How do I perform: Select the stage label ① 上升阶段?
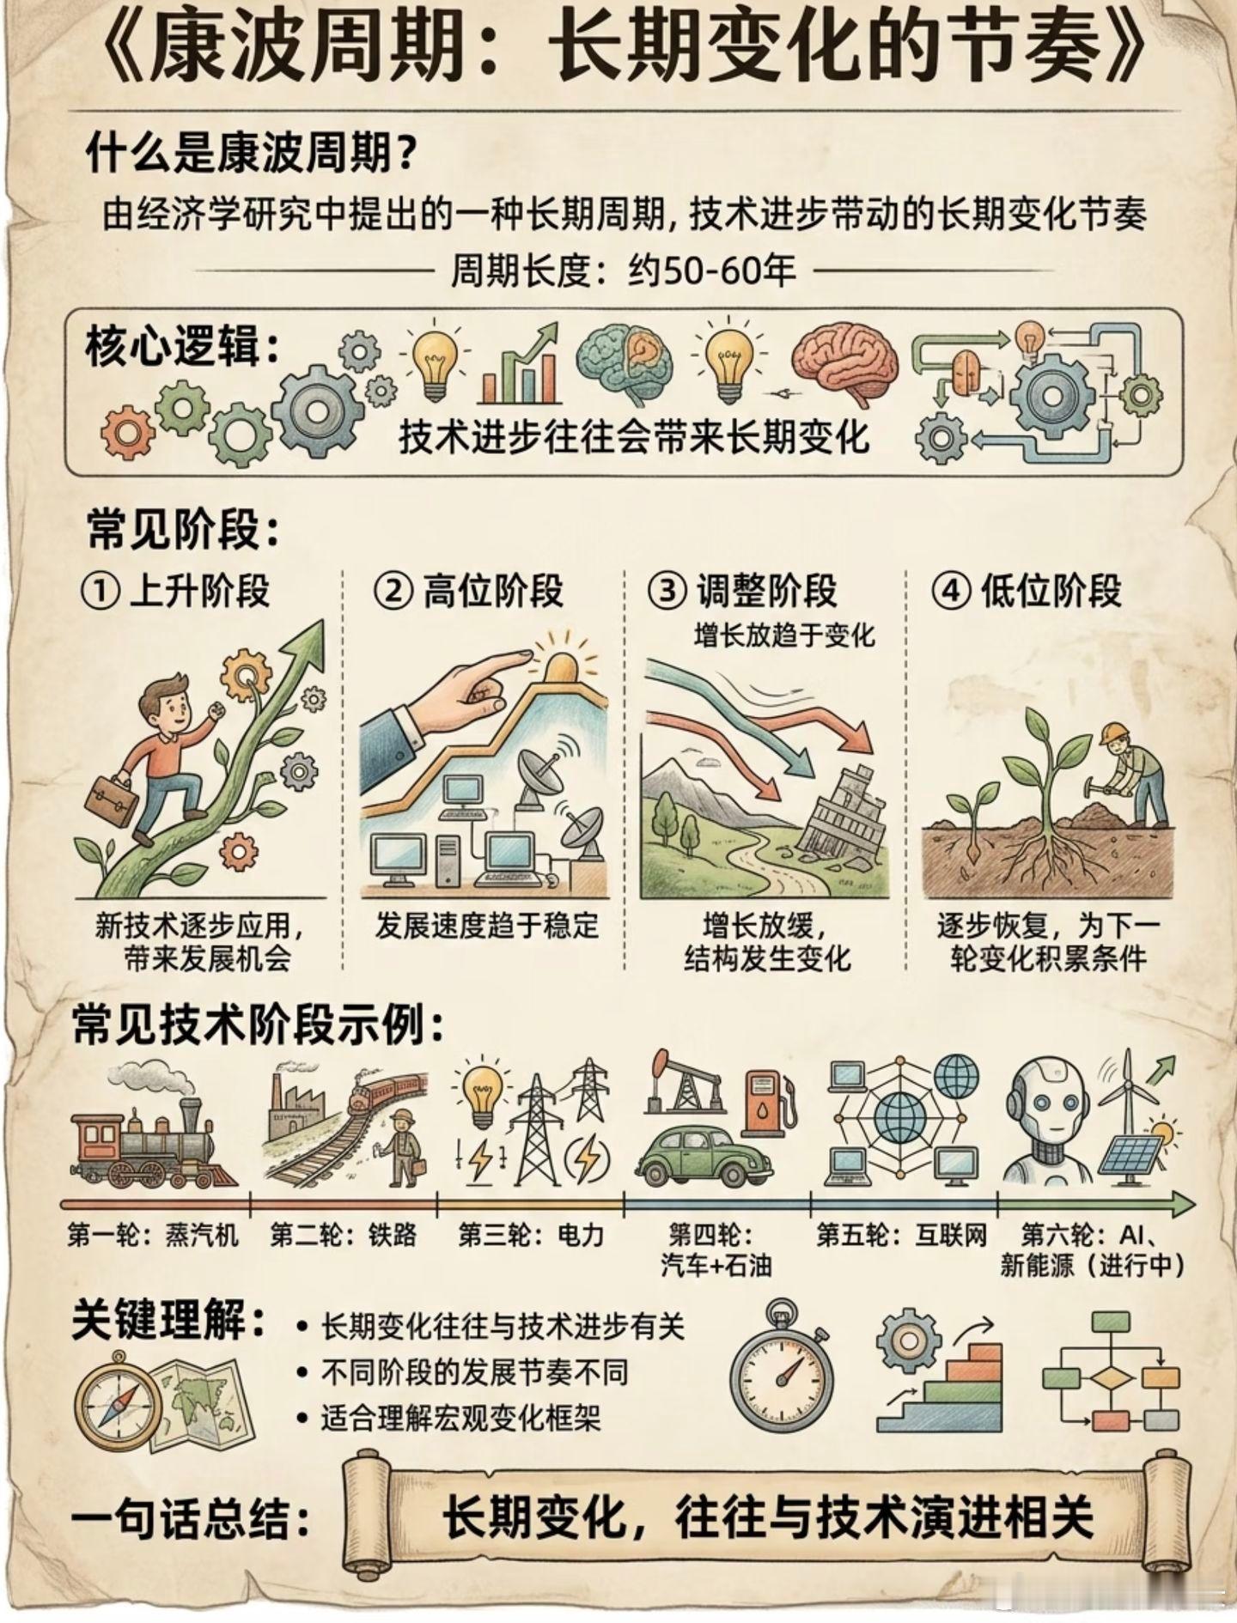(x=175, y=592)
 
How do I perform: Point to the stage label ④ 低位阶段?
(x=1027, y=592)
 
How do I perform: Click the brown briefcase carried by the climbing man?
(x=111, y=797)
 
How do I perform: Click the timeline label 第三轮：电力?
(x=531, y=1235)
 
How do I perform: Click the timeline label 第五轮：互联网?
(x=901, y=1235)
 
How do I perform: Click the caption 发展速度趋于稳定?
(x=486, y=926)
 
